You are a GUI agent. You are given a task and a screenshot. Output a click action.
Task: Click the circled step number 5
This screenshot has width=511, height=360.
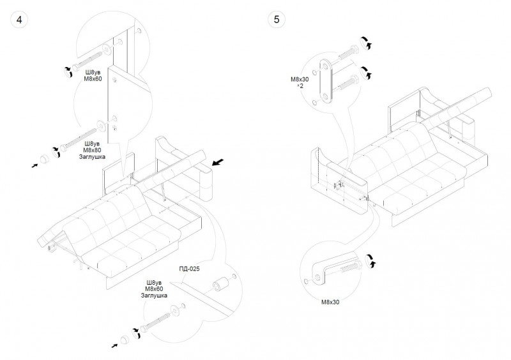point(277,19)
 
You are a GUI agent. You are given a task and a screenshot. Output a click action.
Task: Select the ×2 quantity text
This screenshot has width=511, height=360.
point(300,86)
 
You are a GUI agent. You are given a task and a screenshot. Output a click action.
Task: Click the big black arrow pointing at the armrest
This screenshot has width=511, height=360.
point(219,163)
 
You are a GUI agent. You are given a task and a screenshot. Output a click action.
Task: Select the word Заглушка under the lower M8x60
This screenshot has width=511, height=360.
point(153,296)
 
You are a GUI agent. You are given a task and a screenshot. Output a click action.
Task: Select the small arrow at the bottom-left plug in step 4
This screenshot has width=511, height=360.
point(114,345)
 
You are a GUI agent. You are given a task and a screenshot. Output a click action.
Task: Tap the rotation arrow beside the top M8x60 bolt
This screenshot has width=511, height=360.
point(66,71)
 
